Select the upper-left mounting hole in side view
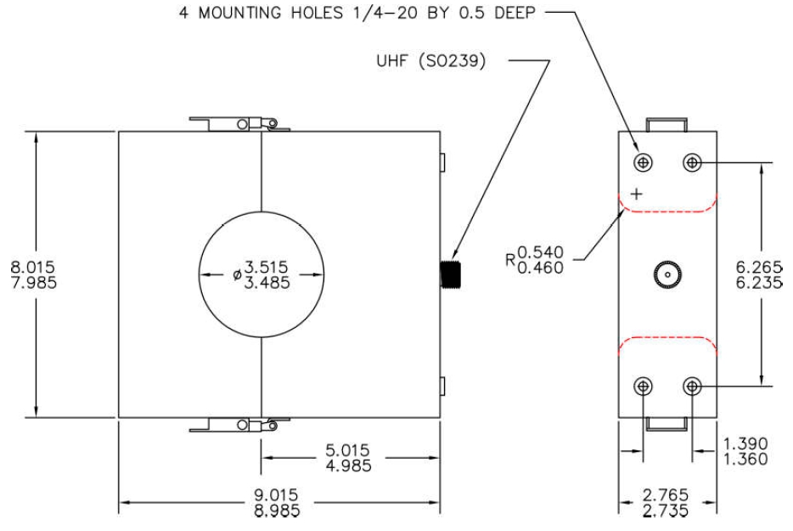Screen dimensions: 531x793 645,161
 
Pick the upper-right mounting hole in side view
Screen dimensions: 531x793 692,161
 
